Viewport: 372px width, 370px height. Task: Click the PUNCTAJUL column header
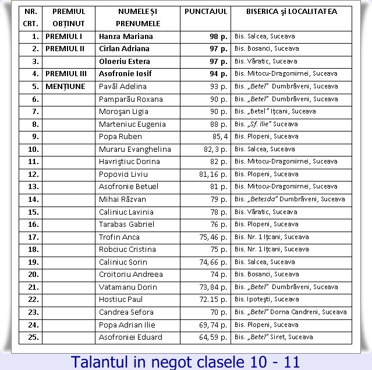[x=205, y=11]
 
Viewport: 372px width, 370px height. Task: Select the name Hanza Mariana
[x=125, y=36]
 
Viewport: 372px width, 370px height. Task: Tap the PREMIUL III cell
[x=65, y=74]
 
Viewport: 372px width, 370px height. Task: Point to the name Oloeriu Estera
[x=125, y=61]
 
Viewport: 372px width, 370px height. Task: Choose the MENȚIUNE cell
[x=65, y=86]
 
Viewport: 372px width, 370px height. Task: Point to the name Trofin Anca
[x=119, y=237]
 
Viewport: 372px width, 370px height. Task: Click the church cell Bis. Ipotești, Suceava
[x=266, y=300]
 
